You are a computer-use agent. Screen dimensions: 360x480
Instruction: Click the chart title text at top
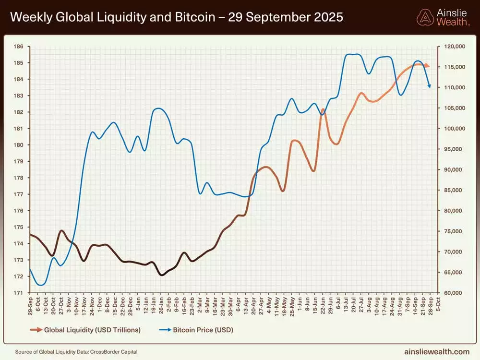177,17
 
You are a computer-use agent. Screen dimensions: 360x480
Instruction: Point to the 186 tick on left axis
19,47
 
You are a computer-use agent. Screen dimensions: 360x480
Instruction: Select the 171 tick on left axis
19,293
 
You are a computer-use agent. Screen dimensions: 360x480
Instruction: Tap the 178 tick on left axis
19,178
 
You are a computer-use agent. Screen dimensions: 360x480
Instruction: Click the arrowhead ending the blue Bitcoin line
430,86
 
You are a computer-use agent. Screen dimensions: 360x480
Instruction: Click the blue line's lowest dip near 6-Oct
41,285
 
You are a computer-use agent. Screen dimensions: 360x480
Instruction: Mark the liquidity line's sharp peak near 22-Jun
323,109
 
